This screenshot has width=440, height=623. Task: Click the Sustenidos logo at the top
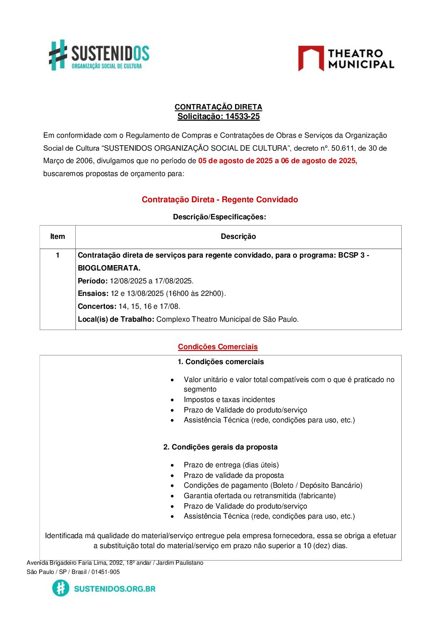(x=99, y=55)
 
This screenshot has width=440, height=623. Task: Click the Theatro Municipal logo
(x=346, y=59)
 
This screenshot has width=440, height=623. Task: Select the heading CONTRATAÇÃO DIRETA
(x=218, y=107)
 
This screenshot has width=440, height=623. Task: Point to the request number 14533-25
(x=242, y=117)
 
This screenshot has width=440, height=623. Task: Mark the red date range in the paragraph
(x=277, y=161)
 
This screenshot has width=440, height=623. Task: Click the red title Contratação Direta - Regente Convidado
(x=220, y=199)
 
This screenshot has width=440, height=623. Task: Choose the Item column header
(x=57, y=236)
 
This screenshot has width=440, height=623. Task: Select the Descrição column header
(x=238, y=236)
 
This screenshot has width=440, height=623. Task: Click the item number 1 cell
(x=57, y=255)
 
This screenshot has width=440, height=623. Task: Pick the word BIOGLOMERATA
(x=109, y=268)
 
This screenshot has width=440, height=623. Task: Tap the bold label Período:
(x=93, y=281)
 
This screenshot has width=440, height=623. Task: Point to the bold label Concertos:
(x=97, y=306)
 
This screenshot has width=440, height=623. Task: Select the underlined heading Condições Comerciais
(x=218, y=347)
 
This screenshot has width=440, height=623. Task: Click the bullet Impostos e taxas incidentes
(x=229, y=400)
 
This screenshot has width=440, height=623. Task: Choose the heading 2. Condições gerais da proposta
(x=220, y=447)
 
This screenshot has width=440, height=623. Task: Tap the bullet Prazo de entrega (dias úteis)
(x=231, y=465)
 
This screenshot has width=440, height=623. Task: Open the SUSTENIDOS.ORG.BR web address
(x=114, y=588)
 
